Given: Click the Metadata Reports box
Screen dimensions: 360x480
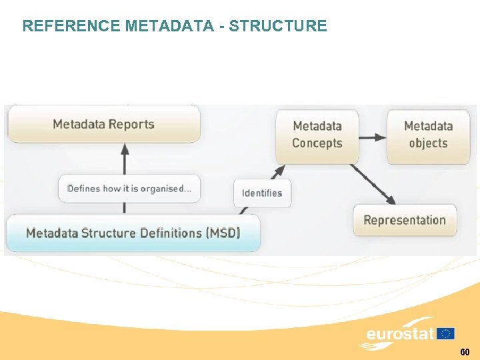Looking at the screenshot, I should coord(103,124).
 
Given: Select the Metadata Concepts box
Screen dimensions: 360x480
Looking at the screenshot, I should coord(317,135).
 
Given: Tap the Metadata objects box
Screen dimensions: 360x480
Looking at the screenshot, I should coord(428,135).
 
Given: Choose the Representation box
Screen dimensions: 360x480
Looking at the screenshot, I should coord(405,221).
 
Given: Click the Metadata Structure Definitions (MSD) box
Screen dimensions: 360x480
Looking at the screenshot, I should coord(133,233).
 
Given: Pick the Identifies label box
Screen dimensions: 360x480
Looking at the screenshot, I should coord(262,193).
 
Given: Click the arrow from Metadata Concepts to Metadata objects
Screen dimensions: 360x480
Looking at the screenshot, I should coord(373,137).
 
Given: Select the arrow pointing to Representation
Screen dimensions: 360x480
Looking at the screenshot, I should coord(373,183).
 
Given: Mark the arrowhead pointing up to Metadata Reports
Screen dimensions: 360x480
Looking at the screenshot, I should coord(125,151).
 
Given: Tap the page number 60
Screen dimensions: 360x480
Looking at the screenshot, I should coord(465,351).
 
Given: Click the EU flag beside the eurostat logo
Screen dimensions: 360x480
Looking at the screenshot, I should coord(445,333).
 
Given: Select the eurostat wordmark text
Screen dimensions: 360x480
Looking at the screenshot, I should coord(400,334).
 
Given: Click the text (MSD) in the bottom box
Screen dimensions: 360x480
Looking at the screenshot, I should coord(223,233).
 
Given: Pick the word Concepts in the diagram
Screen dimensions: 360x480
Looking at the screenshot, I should coord(317,143).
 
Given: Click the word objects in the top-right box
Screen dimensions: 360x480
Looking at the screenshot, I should coord(428,143).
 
